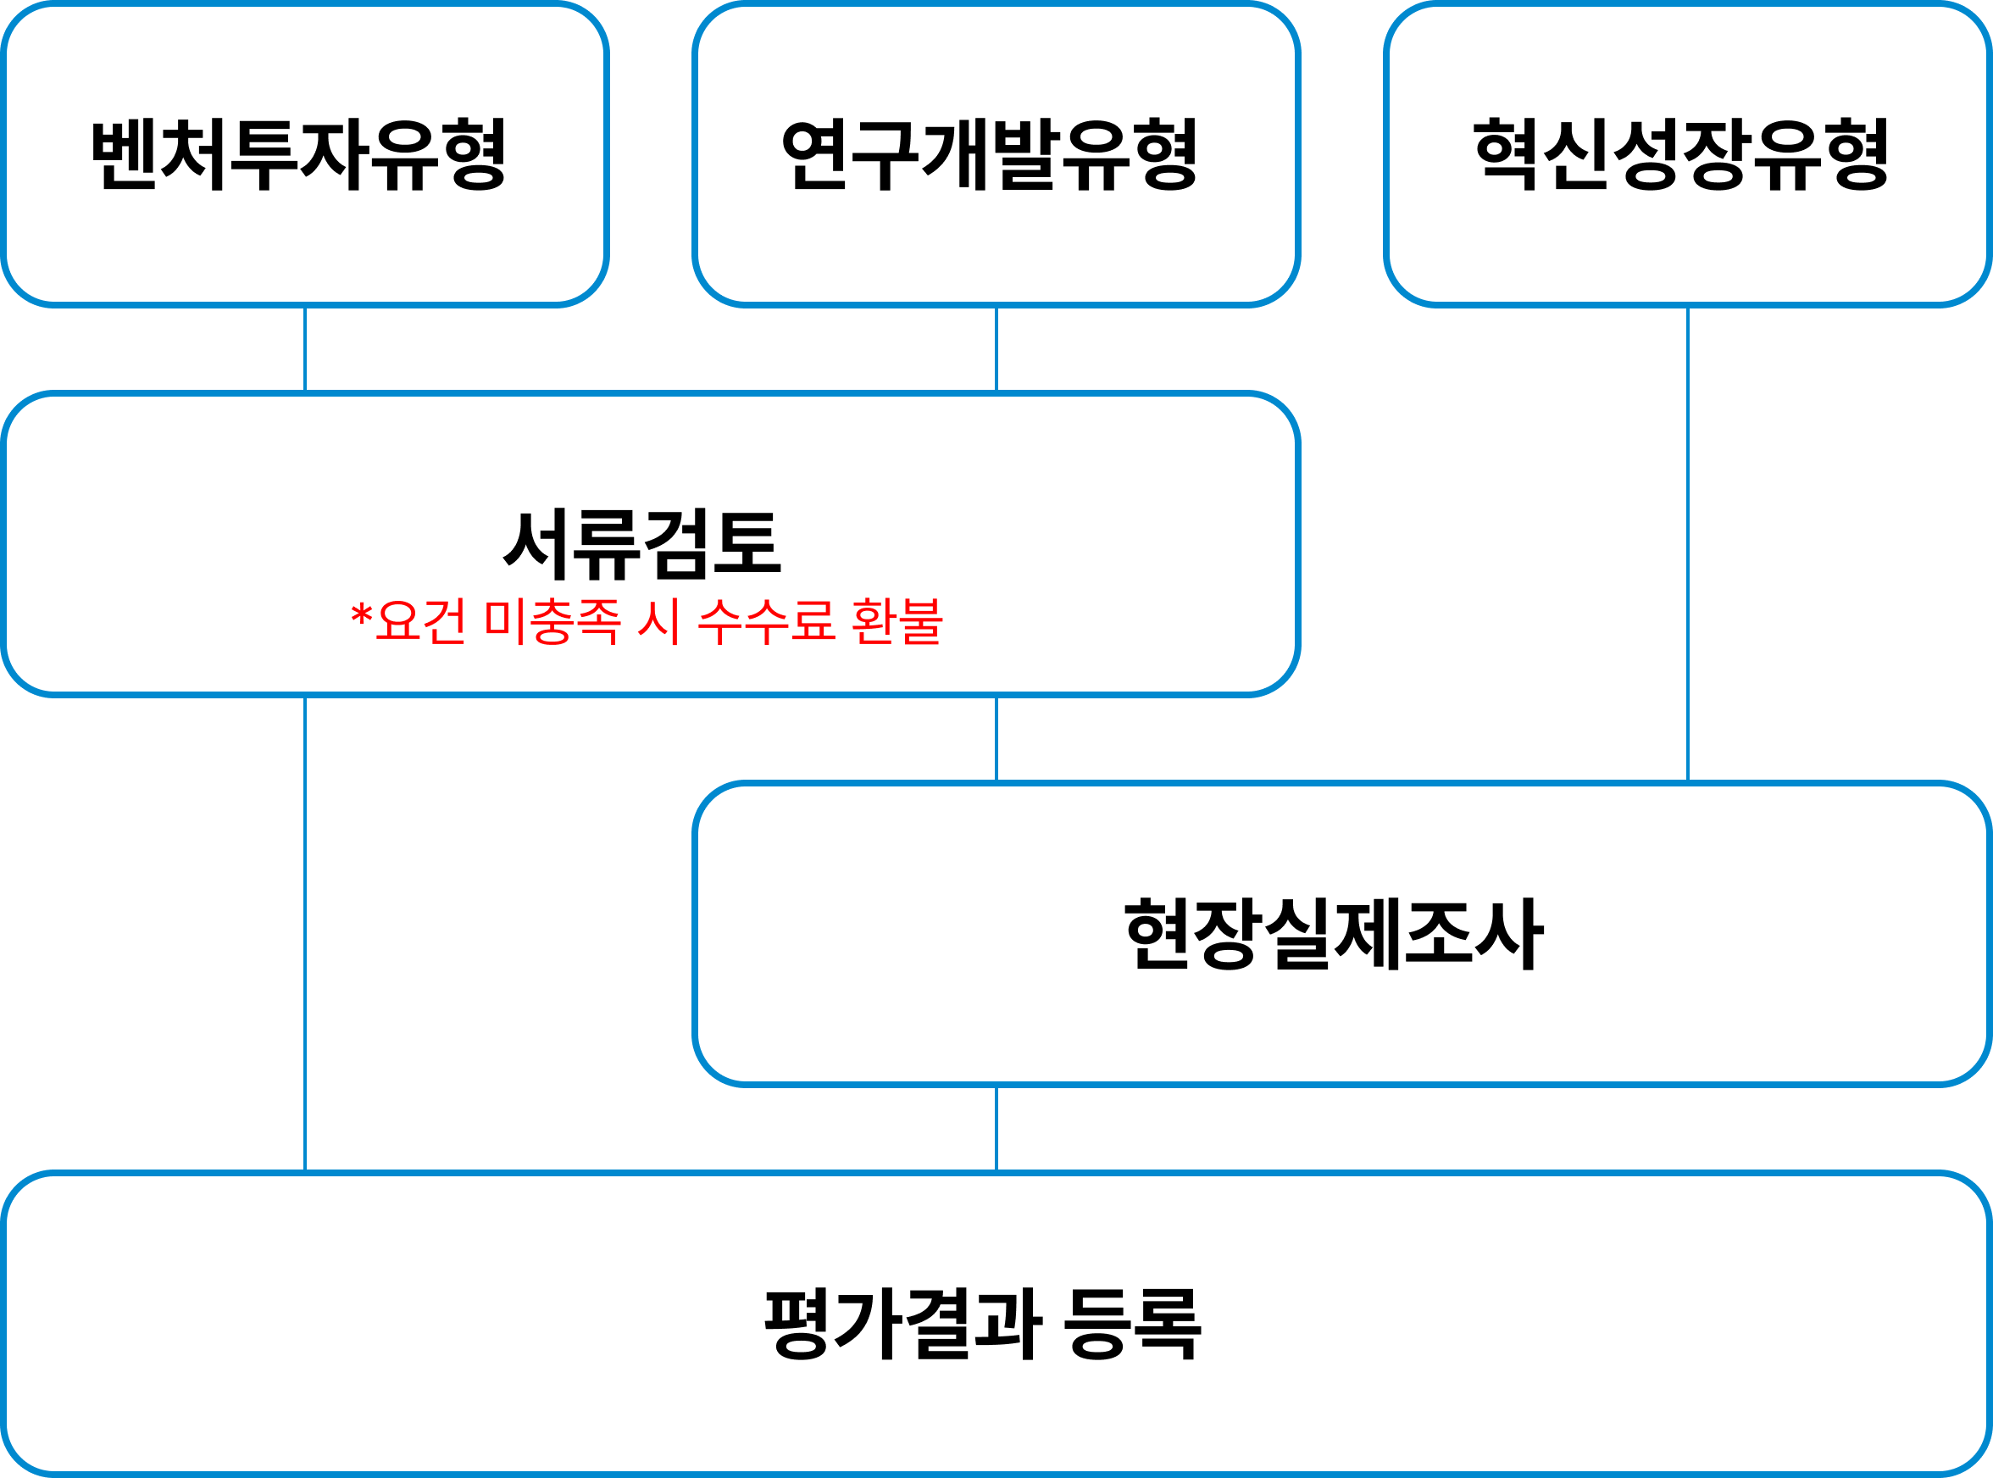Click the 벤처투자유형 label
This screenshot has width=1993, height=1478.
pos(299,154)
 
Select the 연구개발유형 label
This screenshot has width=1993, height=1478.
pos(990,154)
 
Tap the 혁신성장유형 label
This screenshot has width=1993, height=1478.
pos(1681,154)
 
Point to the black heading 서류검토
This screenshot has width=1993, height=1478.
pos(642,543)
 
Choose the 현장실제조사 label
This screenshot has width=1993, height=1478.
pos(1334,933)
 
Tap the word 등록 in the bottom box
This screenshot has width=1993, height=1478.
pos(1131,1323)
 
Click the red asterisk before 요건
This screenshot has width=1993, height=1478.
pos(361,616)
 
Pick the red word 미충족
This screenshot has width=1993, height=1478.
pos(552,621)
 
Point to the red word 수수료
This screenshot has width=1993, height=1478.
pos(766,621)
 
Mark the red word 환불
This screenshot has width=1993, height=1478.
pos(897,621)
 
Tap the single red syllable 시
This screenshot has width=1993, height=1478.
pos(659,621)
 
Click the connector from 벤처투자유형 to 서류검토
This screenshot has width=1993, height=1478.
pos(305,349)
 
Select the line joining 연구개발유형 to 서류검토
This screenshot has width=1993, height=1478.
pos(996,349)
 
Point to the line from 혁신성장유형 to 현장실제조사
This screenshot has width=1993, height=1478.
pos(1688,544)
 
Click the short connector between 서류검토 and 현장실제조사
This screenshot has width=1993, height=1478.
pos(996,738)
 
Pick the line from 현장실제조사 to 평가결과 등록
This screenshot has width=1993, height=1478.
pos(996,1128)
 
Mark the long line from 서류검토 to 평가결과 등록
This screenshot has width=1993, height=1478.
pos(305,933)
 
